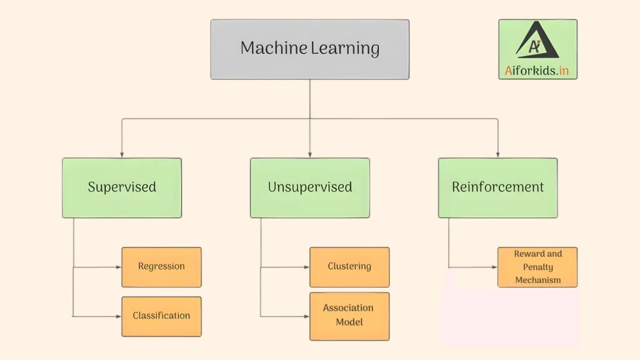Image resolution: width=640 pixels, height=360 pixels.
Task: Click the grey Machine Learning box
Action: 310,49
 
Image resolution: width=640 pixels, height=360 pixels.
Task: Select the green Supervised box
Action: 122,187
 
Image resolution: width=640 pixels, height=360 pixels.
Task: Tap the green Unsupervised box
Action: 310,187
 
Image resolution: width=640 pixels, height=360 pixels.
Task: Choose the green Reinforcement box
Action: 497,187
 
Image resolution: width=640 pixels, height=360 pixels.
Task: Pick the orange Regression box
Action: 161,267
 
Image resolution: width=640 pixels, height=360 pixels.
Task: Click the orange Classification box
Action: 161,316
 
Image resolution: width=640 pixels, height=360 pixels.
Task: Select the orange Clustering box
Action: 349,267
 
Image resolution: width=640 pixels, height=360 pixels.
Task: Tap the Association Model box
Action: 349,316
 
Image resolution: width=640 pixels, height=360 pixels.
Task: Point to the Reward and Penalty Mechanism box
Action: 537,267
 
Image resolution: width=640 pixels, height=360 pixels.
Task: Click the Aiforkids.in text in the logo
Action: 537,71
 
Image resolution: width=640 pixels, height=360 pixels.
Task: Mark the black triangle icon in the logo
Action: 537,41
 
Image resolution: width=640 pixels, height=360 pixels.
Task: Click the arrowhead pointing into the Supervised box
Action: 122,154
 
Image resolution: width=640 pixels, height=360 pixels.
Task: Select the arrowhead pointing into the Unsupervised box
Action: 310,154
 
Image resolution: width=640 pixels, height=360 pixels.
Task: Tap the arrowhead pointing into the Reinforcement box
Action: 497,154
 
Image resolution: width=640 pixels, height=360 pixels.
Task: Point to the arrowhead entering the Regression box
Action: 118,267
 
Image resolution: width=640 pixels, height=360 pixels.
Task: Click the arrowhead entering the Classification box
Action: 118,316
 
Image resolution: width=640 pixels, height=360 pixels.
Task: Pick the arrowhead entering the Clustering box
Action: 306,267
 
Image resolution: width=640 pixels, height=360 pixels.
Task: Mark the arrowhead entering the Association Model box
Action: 306,316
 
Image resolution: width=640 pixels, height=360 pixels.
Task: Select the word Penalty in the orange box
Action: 537,267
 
